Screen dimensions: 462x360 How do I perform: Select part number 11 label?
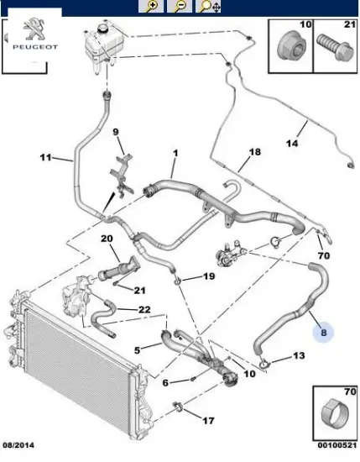point(45,157)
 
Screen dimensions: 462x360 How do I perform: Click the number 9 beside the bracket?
point(117,131)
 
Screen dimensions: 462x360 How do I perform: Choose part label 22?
point(143,310)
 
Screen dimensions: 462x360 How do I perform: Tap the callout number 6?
point(166,382)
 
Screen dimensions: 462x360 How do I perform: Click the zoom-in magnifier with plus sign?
point(153,7)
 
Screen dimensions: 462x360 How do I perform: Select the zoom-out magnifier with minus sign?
point(179,7)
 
